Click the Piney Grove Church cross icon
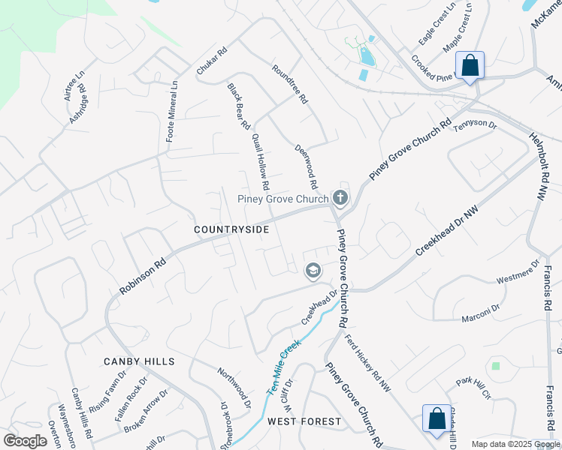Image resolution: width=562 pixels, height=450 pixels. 340,198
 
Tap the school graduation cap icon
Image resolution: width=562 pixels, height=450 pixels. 313,271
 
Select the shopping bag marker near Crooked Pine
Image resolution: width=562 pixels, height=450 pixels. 470,66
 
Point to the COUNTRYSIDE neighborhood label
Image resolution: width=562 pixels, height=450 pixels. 231,229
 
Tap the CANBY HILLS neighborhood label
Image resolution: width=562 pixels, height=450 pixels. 140,361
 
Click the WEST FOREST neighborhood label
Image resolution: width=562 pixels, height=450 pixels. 304,421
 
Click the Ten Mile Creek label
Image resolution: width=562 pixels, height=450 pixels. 283,367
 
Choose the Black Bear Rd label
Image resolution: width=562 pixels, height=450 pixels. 238,107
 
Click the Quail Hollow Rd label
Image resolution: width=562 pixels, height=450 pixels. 261,162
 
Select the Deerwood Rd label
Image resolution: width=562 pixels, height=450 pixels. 307,167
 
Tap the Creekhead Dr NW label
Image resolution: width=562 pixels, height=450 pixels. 446,234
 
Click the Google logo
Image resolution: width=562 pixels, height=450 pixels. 26,441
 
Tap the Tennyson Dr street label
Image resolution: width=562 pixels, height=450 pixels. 475,127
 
